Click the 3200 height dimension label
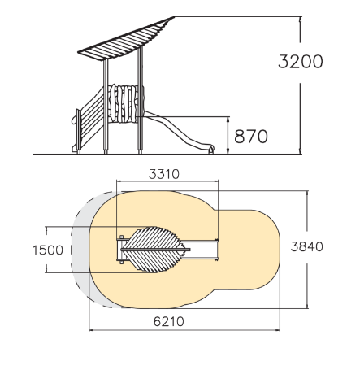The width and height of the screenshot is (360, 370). [301, 62]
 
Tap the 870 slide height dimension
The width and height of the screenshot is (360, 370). [251, 137]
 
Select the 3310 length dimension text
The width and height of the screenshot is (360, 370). [164, 174]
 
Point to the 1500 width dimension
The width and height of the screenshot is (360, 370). [48, 250]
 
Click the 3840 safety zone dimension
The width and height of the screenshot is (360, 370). [307, 246]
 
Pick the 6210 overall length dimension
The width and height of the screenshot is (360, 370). [169, 322]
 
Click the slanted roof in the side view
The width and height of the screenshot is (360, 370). [126, 38]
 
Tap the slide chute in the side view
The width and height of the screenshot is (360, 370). [179, 131]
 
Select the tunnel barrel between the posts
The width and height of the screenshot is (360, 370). [126, 103]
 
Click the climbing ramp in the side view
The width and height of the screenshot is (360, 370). [92, 120]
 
